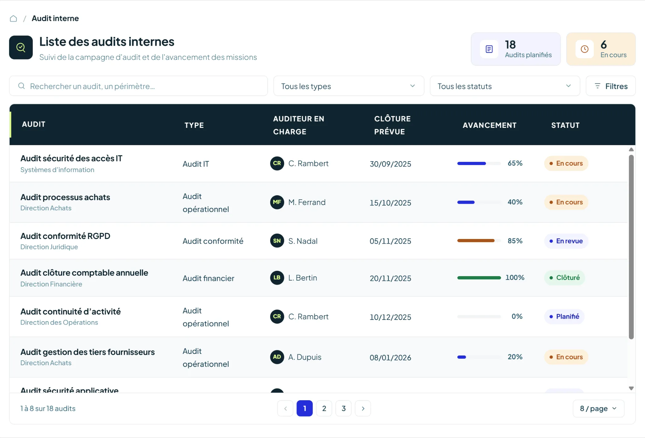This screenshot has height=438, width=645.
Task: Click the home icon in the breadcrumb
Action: point(13,19)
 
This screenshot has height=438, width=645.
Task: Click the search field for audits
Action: point(139,86)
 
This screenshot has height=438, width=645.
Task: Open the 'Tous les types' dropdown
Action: point(349,86)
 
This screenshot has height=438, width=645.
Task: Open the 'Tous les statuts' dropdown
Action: point(505,86)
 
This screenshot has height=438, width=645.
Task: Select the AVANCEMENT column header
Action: point(489,125)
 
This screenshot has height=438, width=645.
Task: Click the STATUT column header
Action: point(565,125)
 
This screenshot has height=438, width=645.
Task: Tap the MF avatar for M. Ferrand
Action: point(277,202)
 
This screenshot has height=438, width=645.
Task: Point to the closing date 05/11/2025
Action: point(390,241)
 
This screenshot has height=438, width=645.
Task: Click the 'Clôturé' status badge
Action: point(565,278)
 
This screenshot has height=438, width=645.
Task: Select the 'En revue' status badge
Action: point(566,241)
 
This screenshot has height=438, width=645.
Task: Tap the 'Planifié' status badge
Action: point(564,316)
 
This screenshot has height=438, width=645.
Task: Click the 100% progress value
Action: point(515,278)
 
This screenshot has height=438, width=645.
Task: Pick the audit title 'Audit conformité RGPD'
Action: point(65,236)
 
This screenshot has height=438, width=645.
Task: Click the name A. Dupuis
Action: point(305,357)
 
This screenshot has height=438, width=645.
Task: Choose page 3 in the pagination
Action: point(344,408)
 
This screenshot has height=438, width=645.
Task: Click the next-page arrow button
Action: point(363,408)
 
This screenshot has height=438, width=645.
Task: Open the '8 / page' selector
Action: point(598,408)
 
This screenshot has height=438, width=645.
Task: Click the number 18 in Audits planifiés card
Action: point(510,45)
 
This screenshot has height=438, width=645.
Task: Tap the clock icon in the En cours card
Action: point(585,49)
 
